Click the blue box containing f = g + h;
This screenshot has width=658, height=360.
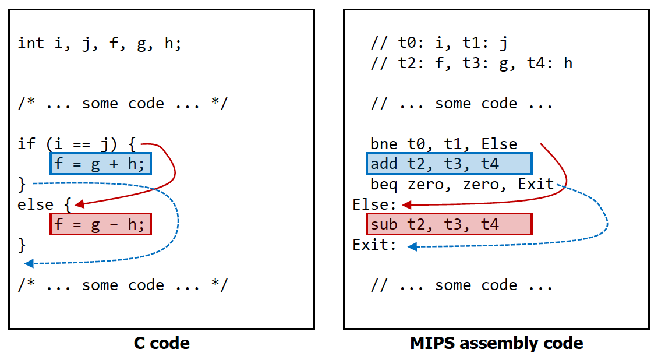[100, 164]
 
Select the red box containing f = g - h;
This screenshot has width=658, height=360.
[100, 224]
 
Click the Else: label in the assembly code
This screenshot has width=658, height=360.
[374, 205]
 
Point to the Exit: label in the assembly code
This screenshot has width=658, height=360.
[374, 245]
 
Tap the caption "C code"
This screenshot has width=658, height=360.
[162, 344]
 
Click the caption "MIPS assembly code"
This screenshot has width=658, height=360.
[496, 344]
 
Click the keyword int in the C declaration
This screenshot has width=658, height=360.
[31, 43]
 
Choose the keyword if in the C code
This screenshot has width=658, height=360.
[26, 144]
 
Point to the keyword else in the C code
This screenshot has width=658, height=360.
[36, 205]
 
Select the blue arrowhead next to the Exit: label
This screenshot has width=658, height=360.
[412, 247]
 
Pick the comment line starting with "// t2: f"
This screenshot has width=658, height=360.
[471, 63]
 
